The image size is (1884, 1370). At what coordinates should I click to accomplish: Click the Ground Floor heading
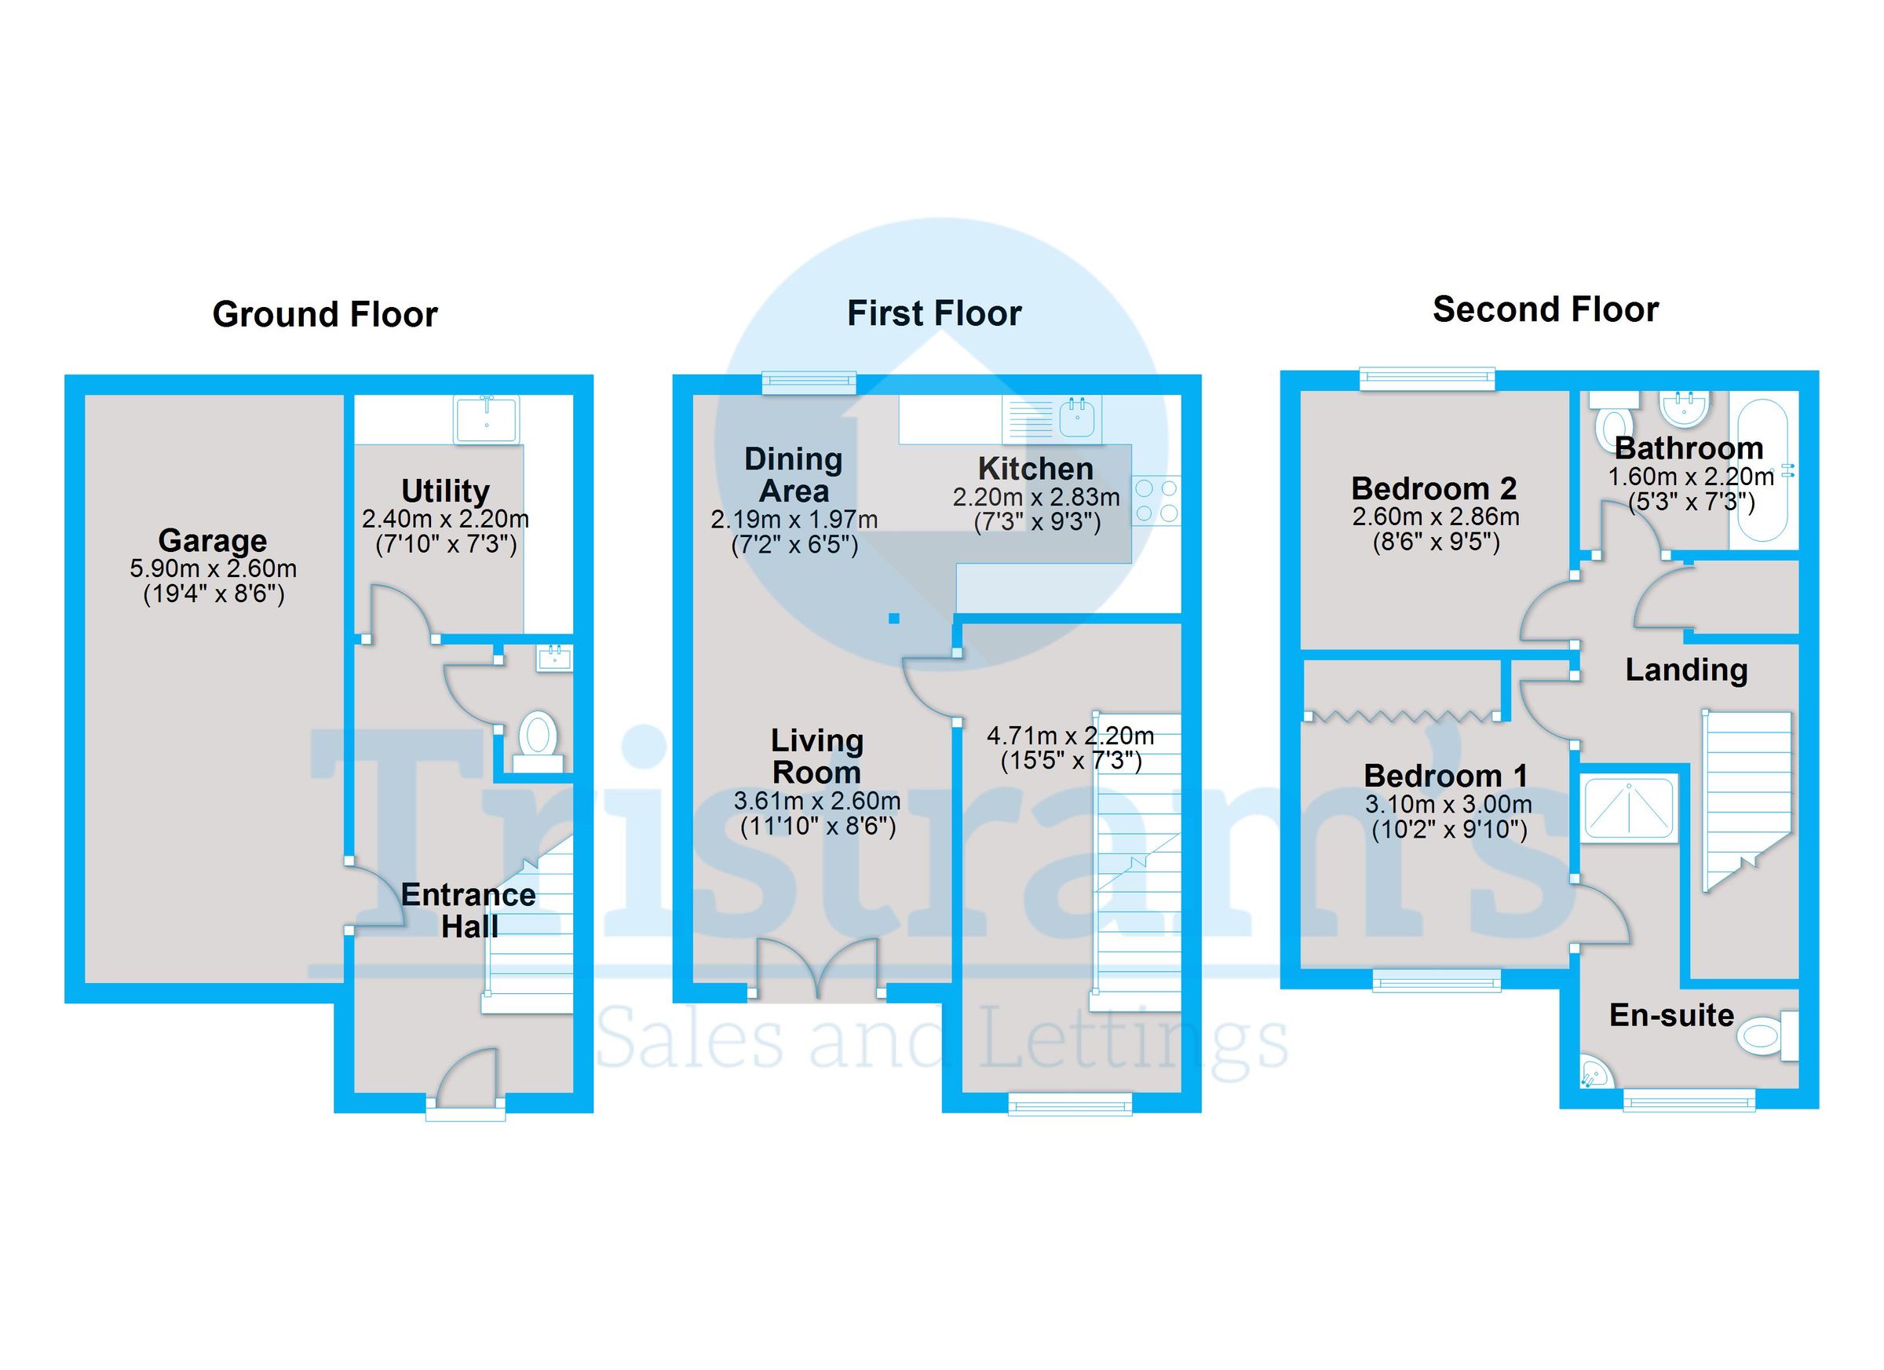coord(325,315)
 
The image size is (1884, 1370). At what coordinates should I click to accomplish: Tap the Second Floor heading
coord(1545,310)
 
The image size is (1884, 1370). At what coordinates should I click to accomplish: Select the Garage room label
coord(213,541)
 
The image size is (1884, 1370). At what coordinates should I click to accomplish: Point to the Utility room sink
coord(487,419)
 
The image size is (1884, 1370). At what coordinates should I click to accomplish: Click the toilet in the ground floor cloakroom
coord(538,736)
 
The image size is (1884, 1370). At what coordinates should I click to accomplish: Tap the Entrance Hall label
coord(469,911)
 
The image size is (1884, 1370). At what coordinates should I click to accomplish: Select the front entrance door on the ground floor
coord(466,1081)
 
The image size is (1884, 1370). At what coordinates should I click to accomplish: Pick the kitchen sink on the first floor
coord(1077,417)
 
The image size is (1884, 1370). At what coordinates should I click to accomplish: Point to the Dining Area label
coord(794,475)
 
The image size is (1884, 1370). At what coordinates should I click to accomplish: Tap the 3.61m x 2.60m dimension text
coord(817,801)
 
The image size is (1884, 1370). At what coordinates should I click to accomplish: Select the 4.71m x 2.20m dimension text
coord(1070,736)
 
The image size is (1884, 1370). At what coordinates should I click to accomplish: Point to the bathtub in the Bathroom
coord(1763,471)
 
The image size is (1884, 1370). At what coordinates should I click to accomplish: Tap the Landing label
coord(1686,670)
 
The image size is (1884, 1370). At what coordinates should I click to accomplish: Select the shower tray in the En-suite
coord(1629,809)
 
